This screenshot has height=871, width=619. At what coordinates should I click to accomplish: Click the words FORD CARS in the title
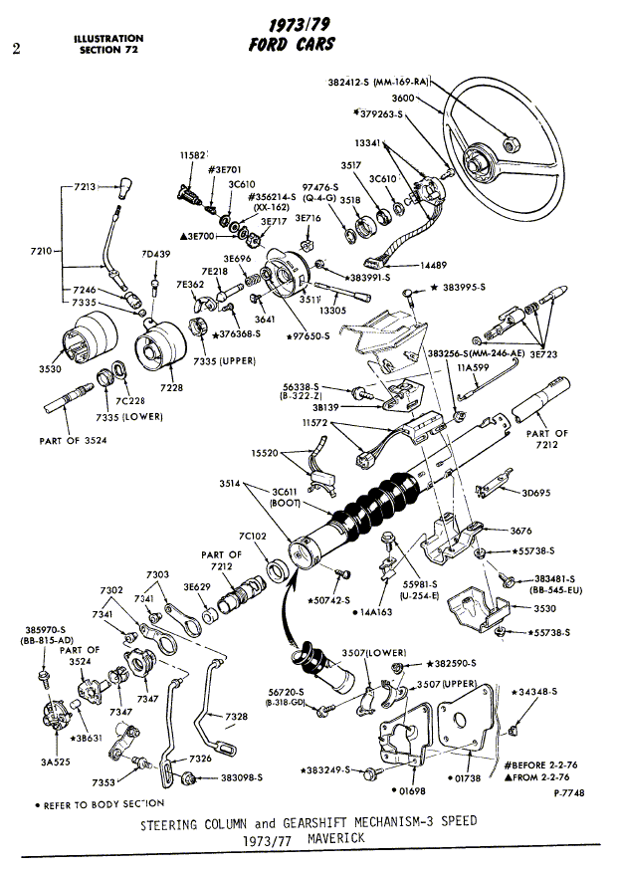click(292, 44)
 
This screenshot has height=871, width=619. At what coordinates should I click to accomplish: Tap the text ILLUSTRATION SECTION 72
click(108, 44)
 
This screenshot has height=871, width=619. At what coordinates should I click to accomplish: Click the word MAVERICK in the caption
click(336, 838)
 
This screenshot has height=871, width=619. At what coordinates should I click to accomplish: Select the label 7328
click(237, 717)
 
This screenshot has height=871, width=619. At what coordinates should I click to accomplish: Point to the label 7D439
click(156, 254)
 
